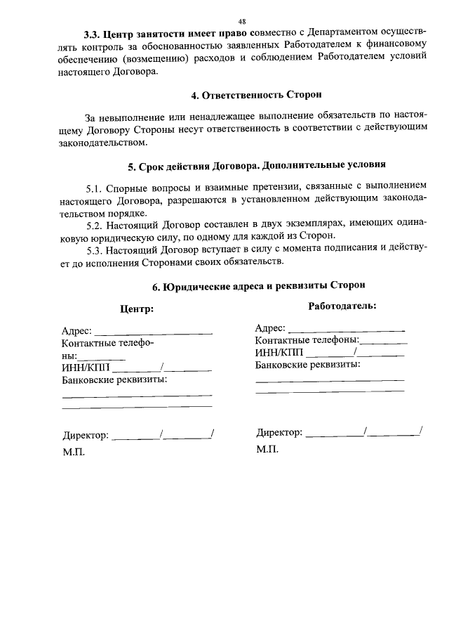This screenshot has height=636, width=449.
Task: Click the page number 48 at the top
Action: (x=241, y=22)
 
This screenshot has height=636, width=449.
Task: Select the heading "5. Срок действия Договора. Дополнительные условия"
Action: (x=257, y=167)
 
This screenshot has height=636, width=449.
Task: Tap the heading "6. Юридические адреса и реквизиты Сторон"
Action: (x=258, y=286)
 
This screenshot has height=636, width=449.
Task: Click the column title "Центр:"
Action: (x=136, y=309)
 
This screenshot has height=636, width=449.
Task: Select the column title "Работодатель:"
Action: (x=342, y=306)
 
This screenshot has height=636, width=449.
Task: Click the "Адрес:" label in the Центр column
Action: (x=76, y=332)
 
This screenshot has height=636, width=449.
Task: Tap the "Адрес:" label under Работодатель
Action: (x=270, y=328)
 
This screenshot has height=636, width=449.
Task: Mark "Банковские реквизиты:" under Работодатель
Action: (x=308, y=365)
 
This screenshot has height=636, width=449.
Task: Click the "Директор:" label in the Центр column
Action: (x=86, y=436)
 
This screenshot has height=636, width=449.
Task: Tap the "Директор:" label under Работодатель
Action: (x=279, y=432)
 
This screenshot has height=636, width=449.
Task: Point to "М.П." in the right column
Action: (x=267, y=449)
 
